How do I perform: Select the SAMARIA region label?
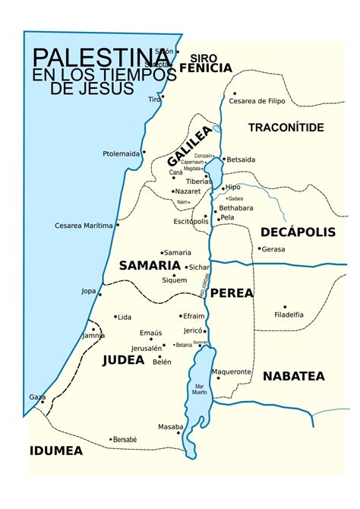[x=149, y=265]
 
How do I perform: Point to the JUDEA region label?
[x=123, y=360]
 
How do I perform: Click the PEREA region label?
[x=232, y=292]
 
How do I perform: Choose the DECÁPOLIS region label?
[x=298, y=232]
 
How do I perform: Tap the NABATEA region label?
[x=294, y=376]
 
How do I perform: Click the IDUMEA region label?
[x=56, y=451]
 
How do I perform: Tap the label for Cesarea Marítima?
[x=84, y=226]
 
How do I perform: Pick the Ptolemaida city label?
[x=121, y=154]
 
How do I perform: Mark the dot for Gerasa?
[x=259, y=248]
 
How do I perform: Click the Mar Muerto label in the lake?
[x=200, y=389]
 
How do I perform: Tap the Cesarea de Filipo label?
[x=268, y=100]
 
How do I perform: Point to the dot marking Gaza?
[x=43, y=397]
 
